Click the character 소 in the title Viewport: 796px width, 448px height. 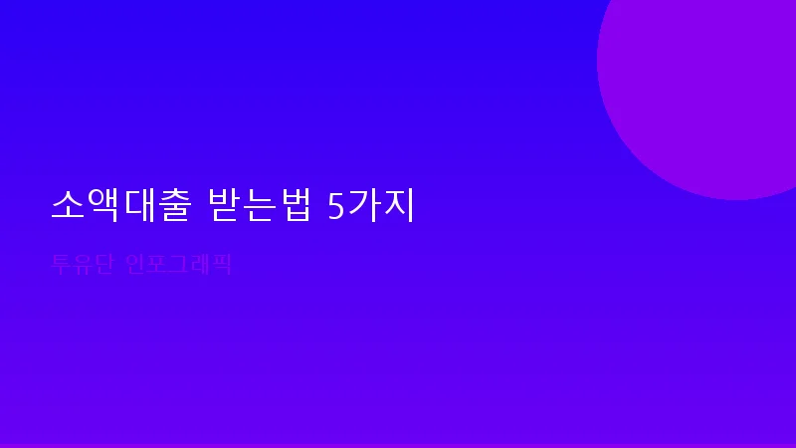68,206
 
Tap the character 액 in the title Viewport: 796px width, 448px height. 103,206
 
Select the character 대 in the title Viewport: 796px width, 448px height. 139,206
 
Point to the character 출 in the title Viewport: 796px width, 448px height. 175,206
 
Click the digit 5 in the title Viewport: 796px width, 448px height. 335,206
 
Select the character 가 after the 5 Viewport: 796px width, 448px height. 362,206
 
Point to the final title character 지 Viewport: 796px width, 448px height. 397,206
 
